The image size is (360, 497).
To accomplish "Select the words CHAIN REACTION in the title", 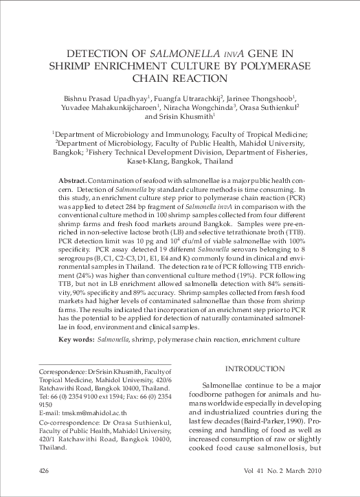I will (179, 80).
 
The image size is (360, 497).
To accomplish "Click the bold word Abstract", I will (73, 179).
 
